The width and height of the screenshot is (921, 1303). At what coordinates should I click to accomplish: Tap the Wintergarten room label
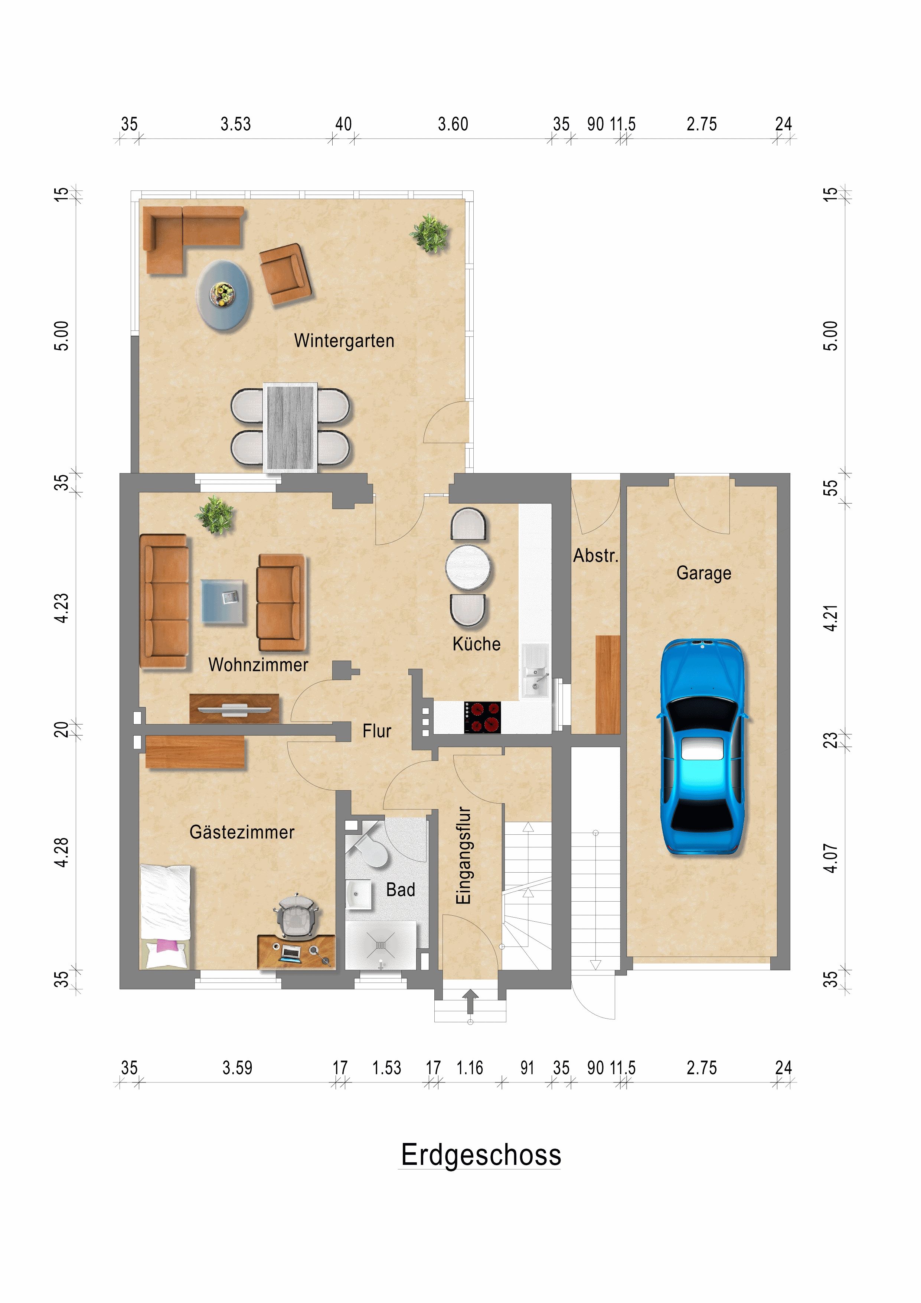(x=344, y=341)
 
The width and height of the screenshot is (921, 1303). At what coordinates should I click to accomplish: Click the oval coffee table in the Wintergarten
(x=223, y=295)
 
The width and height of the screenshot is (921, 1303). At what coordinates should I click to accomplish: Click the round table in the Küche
(x=468, y=567)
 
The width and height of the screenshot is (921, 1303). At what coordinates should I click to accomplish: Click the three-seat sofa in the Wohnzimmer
(x=164, y=600)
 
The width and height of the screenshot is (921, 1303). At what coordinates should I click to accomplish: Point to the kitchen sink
(x=535, y=671)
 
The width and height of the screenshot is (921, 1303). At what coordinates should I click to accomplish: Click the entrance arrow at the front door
(x=470, y=1001)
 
